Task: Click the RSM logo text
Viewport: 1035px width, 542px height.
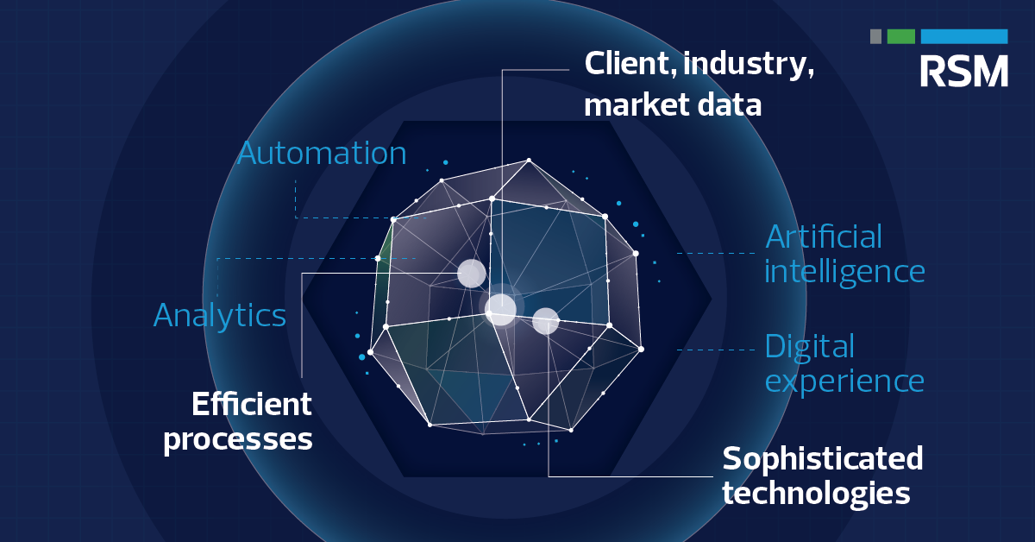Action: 963,71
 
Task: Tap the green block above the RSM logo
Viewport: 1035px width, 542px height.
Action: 900,36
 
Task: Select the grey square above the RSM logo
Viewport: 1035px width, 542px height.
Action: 875,36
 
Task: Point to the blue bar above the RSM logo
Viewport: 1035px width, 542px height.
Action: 963,36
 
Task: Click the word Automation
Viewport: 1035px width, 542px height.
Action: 322,154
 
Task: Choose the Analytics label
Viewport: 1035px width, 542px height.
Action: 220,315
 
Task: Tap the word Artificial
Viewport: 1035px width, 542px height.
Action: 824,236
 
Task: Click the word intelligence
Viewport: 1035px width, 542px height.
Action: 844,272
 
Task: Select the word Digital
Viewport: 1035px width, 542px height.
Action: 809,347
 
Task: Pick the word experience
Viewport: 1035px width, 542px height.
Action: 844,381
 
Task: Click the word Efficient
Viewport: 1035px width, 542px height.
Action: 251,404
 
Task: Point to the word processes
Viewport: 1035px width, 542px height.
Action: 238,439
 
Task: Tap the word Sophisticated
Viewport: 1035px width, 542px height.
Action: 822,458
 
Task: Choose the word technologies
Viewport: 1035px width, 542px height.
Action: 816,494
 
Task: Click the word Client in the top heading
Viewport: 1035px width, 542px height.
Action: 622,64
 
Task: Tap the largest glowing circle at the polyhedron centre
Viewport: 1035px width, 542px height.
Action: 501,308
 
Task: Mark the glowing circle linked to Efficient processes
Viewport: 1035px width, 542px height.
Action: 471,274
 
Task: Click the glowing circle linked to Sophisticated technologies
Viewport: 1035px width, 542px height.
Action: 546,321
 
